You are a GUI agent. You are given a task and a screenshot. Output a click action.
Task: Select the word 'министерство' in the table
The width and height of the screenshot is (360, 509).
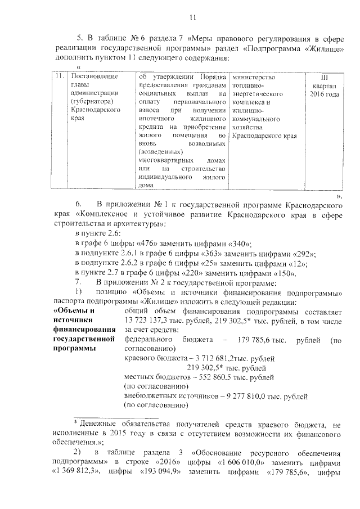click(253, 76)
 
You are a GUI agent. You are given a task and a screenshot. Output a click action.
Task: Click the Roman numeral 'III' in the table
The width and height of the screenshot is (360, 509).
click(323, 76)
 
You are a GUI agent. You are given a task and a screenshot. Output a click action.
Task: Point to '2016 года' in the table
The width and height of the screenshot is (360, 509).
click(324, 93)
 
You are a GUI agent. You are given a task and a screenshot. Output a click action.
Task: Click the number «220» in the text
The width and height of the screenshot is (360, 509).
click(194, 273)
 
